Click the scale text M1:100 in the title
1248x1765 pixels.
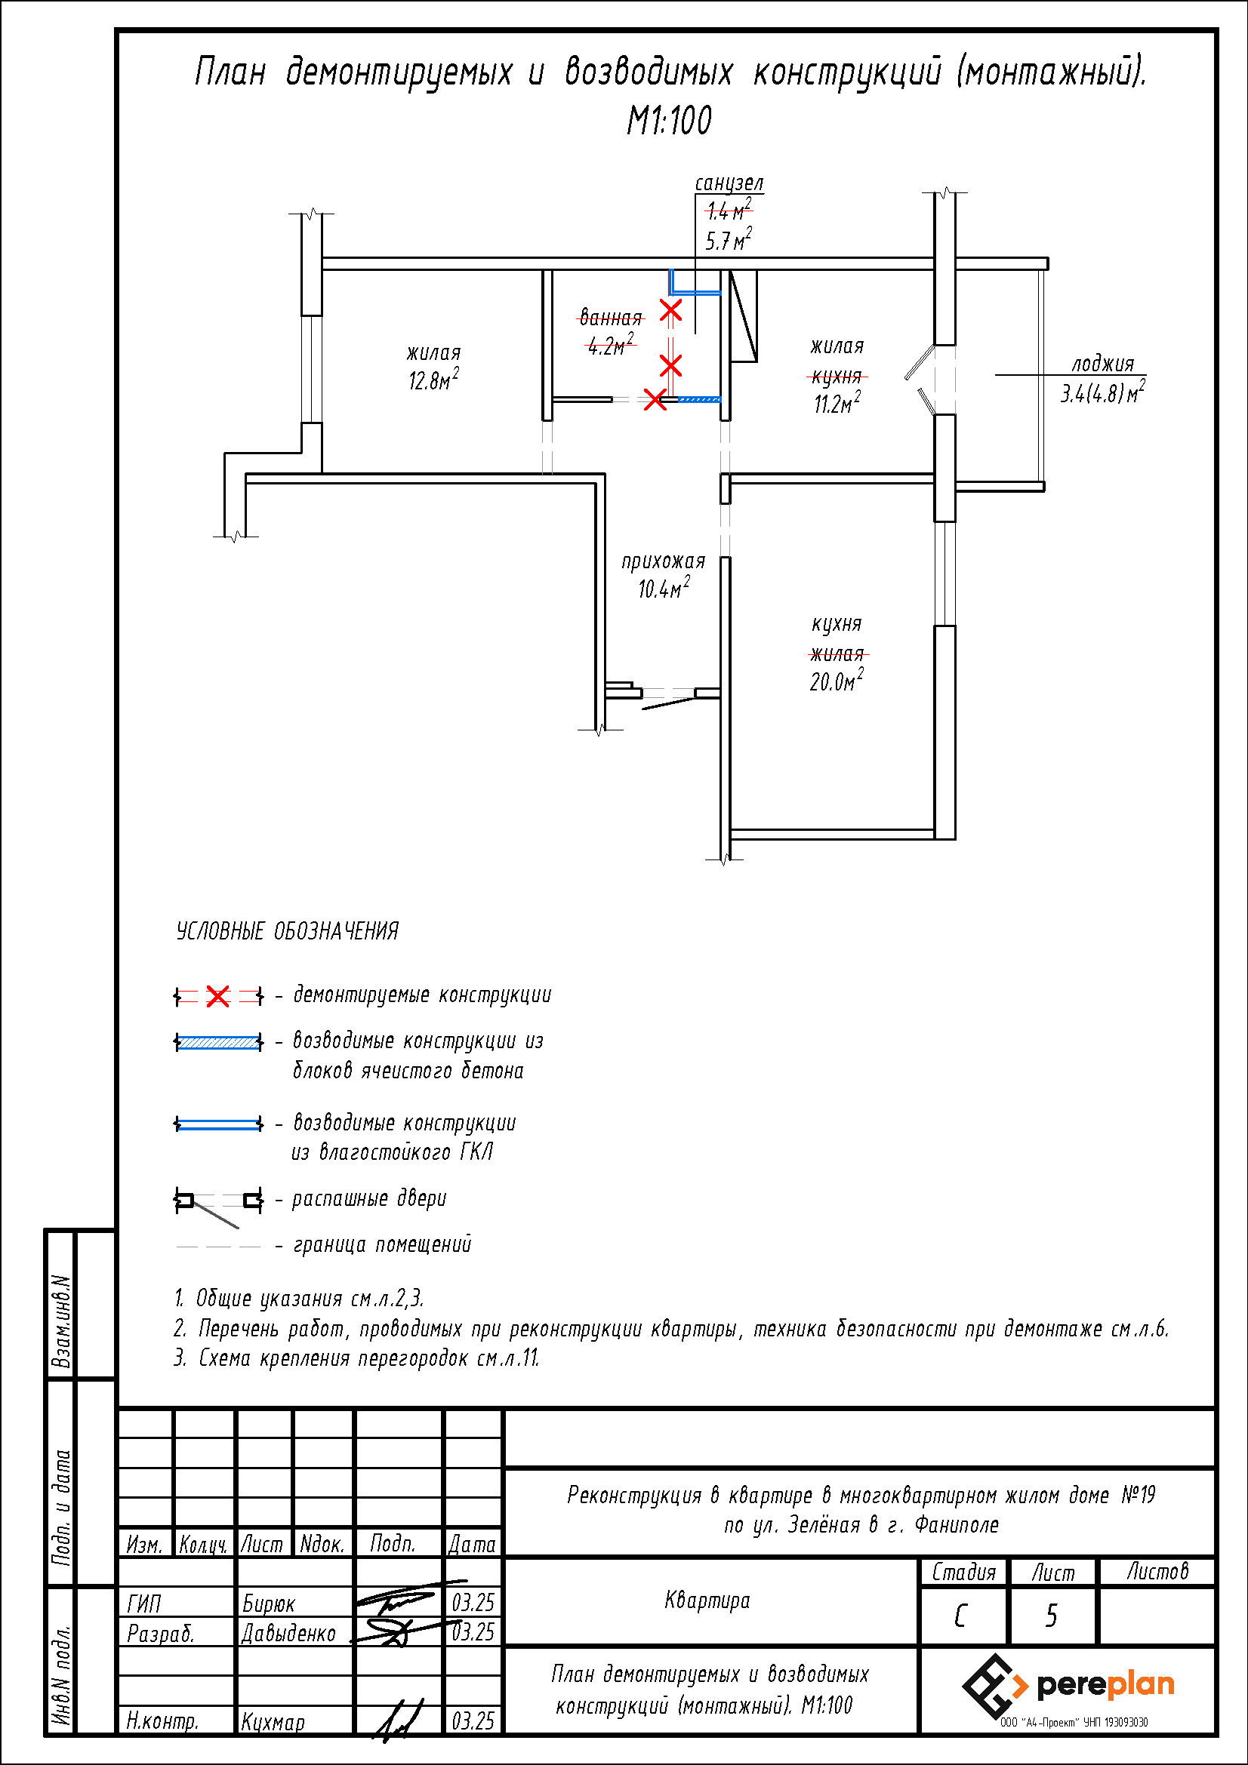[x=669, y=121]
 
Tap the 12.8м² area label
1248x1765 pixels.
[x=433, y=380]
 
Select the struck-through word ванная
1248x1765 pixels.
[x=611, y=318]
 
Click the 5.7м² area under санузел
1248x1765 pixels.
[x=729, y=240]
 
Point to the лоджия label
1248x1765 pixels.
[x=1103, y=364]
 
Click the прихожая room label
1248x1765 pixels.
[x=663, y=561]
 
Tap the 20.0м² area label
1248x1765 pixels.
[x=836, y=681]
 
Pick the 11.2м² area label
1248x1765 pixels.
[x=837, y=403]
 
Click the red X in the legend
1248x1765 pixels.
[x=218, y=997]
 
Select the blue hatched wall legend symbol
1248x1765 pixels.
[x=219, y=1042]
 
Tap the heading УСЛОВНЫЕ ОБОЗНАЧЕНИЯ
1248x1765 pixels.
[x=288, y=931]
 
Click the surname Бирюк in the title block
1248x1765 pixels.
[x=268, y=1604]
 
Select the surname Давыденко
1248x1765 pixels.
[x=288, y=1633]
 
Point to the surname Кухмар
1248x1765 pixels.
[x=273, y=1721]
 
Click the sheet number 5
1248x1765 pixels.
[x=1051, y=1616]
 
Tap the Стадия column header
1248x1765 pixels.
[x=963, y=1572]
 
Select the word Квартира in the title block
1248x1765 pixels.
[x=707, y=1601]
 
